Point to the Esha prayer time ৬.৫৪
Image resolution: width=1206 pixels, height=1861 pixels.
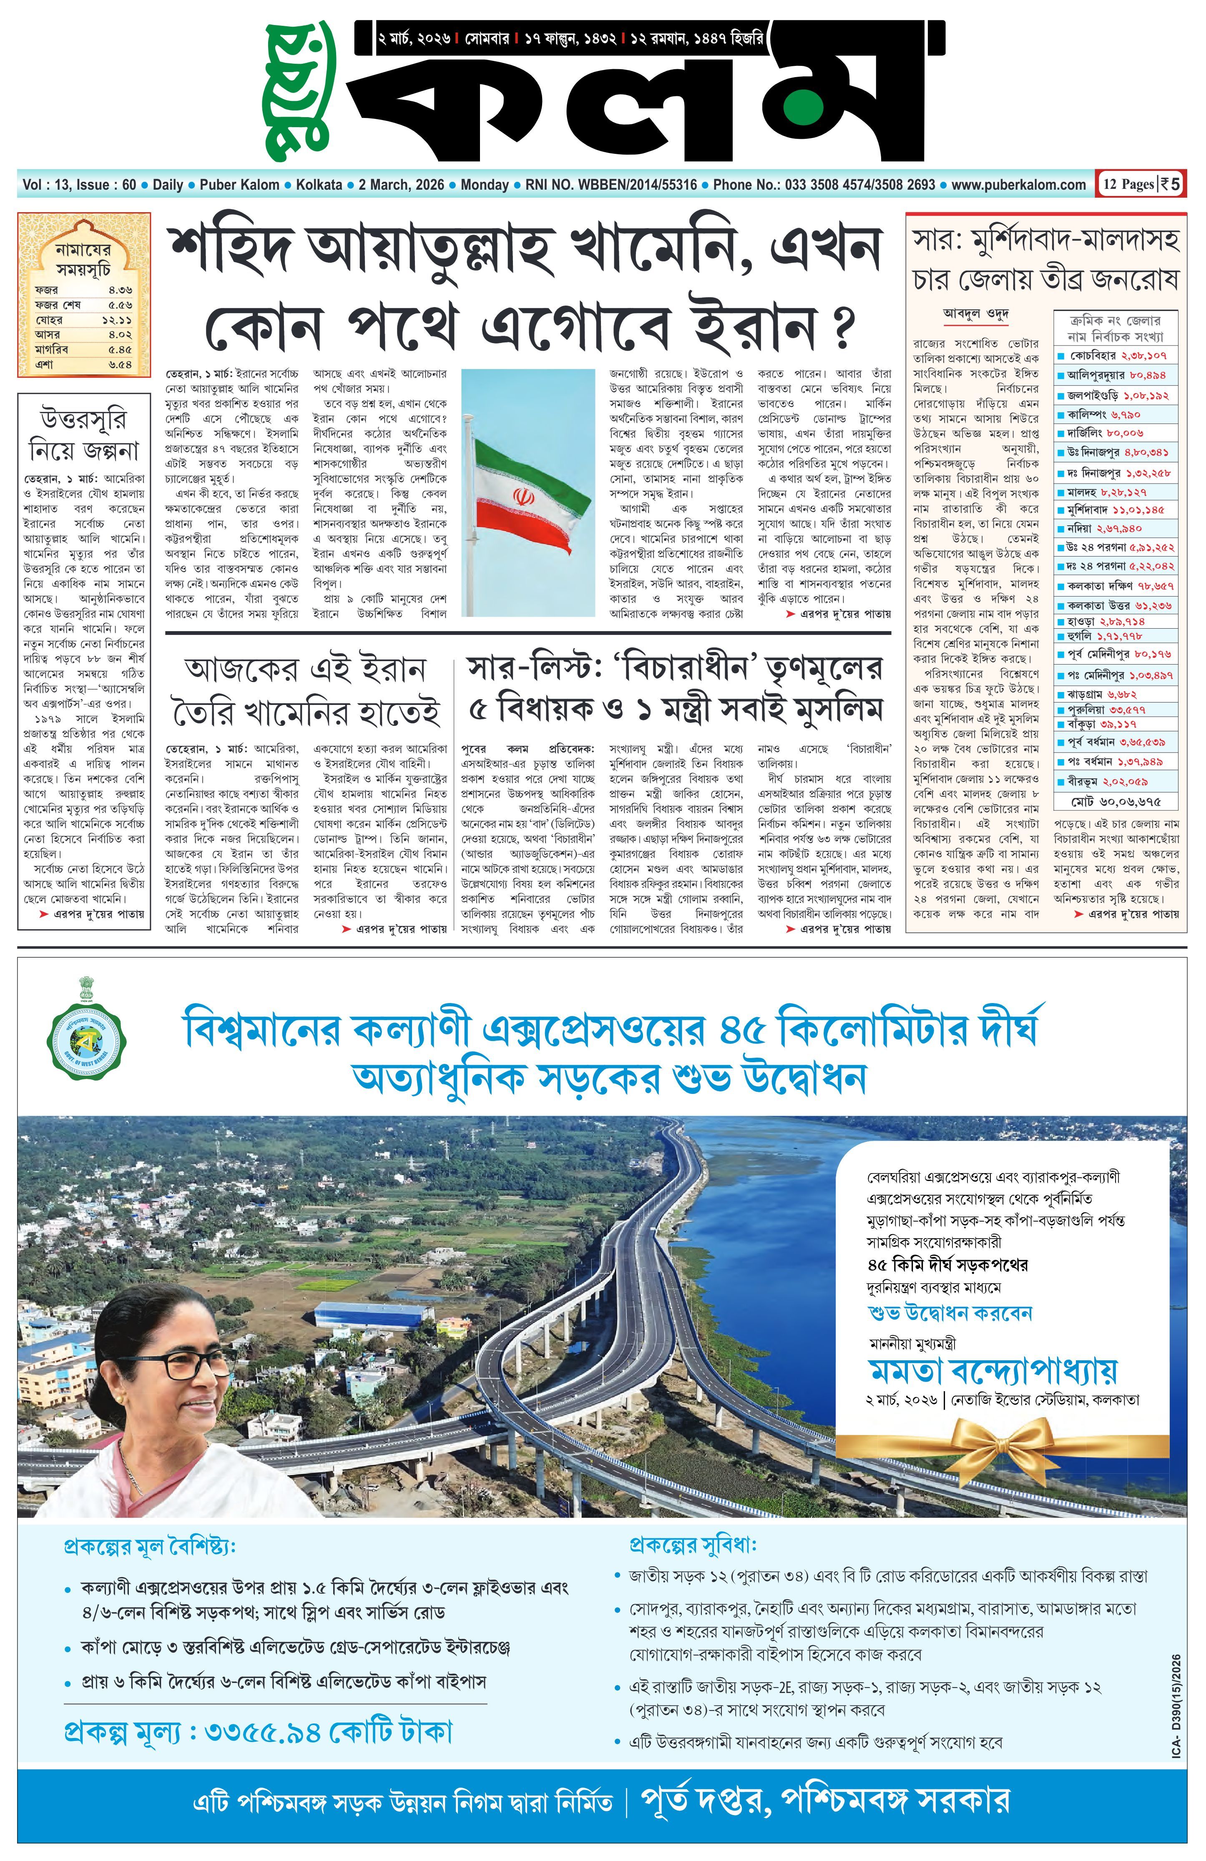coord(120,364)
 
